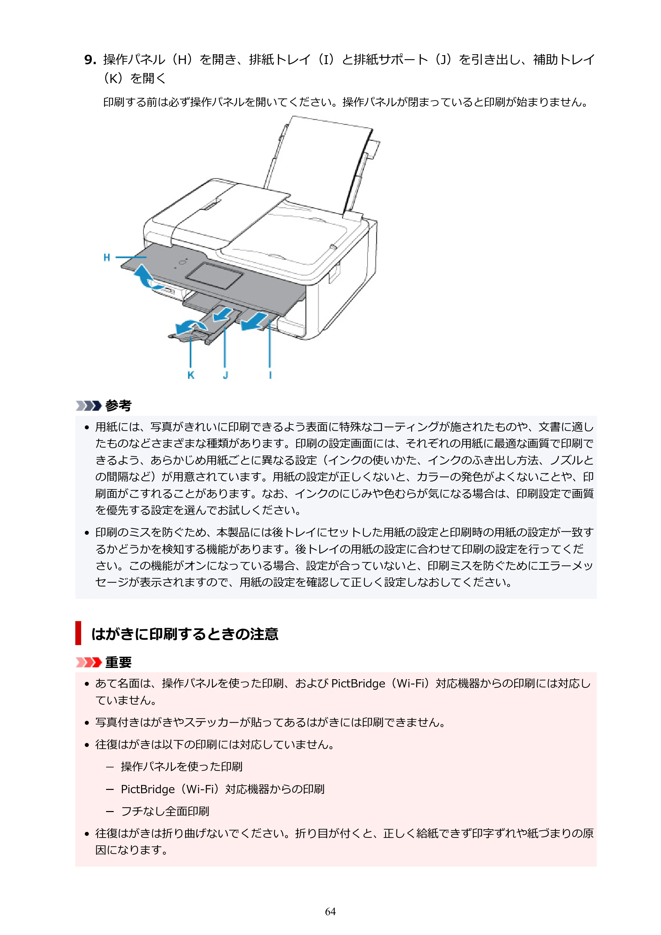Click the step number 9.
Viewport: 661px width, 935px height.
90,60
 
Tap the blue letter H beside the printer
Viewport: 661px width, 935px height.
107,257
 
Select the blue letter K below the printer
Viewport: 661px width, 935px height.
191,375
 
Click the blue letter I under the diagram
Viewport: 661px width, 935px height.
270,375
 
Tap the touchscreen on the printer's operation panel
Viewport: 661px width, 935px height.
214,276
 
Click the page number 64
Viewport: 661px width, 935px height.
330,912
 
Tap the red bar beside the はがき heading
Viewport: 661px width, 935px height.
78,633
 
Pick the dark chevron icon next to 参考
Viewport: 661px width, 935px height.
88,406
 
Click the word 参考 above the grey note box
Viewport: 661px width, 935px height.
119,406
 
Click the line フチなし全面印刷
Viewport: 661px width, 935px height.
165,811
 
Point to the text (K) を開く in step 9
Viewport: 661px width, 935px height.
135,78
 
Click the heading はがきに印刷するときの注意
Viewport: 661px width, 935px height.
185,634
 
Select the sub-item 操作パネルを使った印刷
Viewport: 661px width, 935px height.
182,766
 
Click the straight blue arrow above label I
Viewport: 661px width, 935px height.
254,321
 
